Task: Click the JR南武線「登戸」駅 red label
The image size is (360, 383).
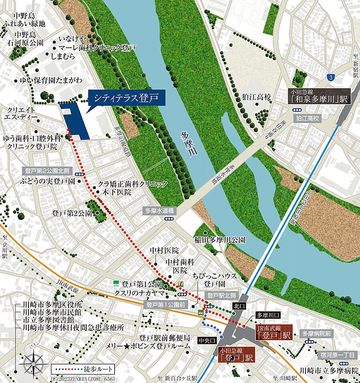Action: tap(273, 333)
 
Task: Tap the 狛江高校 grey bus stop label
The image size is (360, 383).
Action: tap(308, 118)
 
